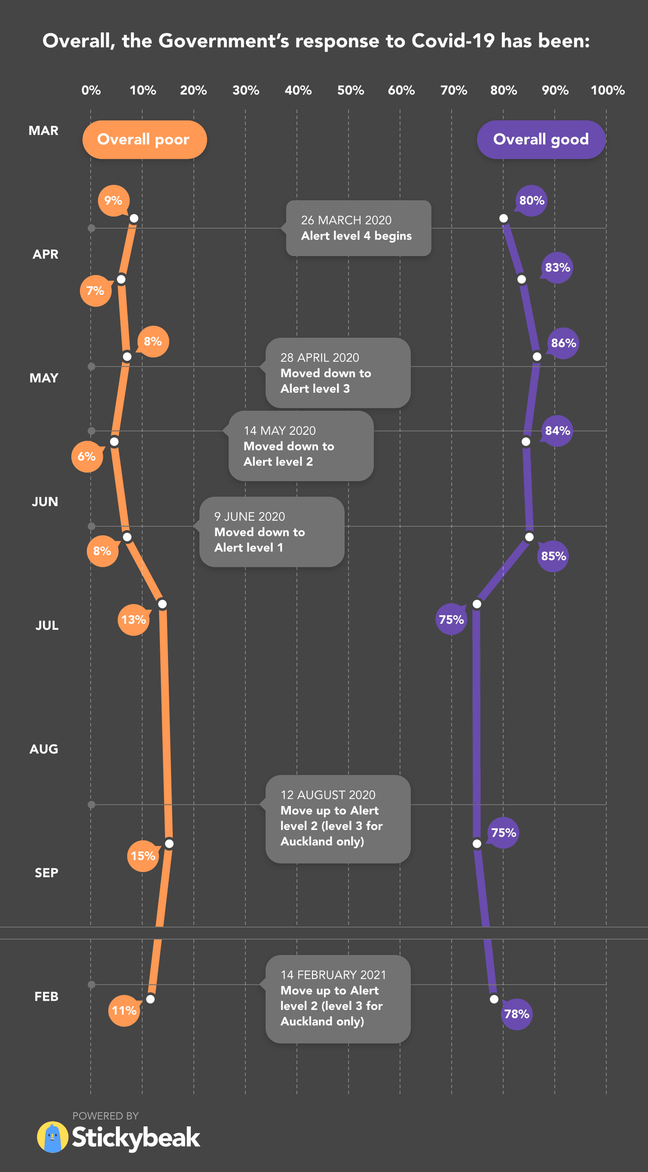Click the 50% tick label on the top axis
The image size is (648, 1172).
tap(350, 90)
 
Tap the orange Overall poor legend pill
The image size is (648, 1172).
tap(145, 140)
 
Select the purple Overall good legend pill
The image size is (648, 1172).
tap(541, 140)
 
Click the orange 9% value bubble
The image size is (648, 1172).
tap(114, 200)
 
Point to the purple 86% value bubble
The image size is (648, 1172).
tap(563, 343)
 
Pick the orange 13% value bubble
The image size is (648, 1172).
tap(133, 620)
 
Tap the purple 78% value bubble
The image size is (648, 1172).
tap(516, 1014)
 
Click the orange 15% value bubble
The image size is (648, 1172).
tap(143, 856)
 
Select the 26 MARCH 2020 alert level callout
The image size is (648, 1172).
tap(359, 228)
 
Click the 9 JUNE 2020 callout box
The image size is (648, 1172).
tap(272, 532)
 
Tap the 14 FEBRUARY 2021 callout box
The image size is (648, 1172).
tap(338, 998)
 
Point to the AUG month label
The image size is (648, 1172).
tap(44, 749)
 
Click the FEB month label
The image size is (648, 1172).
tap(46, 996)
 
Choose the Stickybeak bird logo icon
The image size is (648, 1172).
tap(53, 1137)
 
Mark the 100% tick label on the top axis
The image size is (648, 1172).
tap(607, 90)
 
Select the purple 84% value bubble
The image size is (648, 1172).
tap(557, 430)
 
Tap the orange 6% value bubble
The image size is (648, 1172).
tap(86, 456)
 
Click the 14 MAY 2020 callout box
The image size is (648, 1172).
tap(301, 446)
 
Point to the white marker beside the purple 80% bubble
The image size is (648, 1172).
tap(503, 218)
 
